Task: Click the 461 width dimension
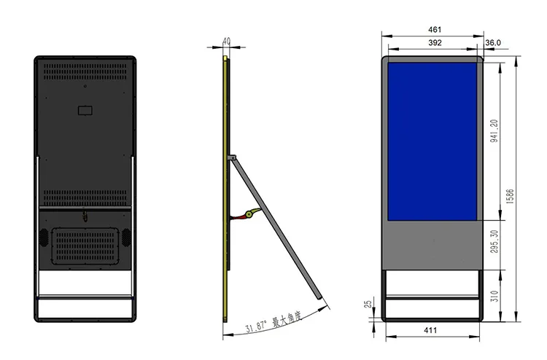click(x=434, y=29)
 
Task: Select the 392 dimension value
click(x=434, y=43)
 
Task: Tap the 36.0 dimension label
click(x=493, y=43)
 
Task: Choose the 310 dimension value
click(x=494, y=295)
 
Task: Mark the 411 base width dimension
click(x=430, y=330)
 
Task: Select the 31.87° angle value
click(x=256, y=326)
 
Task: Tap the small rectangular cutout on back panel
click(x=86, y=111)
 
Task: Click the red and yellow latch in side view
click(x=248, y=214)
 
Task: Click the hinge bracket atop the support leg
click(x=232, y=157)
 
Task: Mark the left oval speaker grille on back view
click(x=43, y=238)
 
